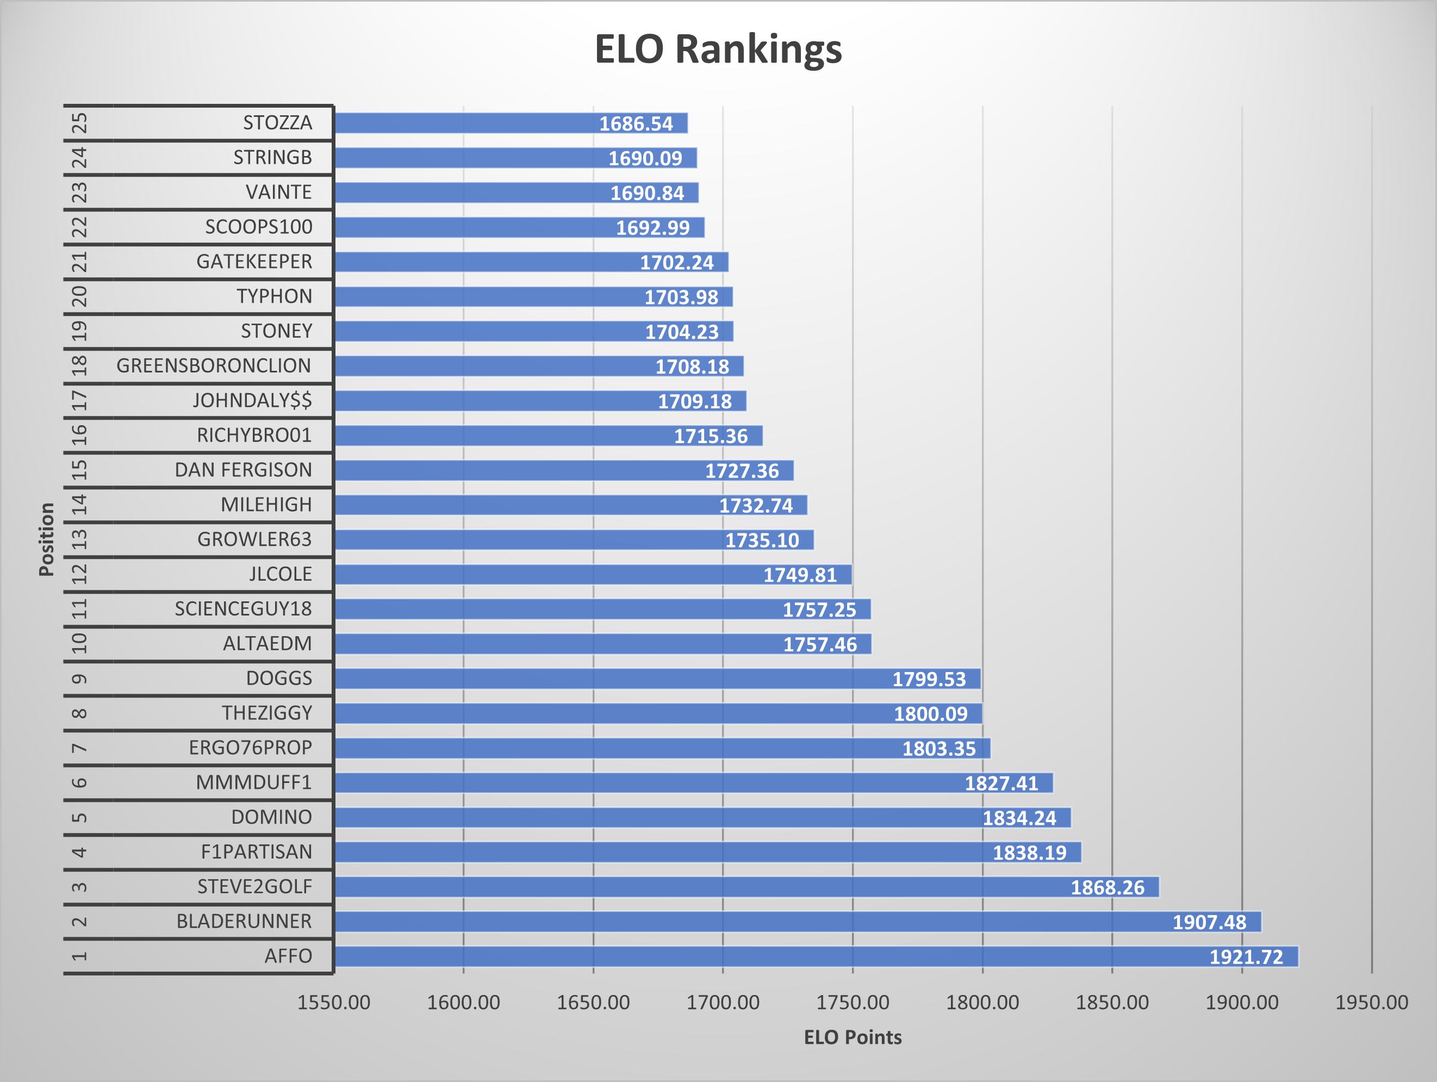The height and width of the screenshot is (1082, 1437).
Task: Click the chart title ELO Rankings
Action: [718, 49]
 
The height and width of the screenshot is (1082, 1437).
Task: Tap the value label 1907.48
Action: [1209, 922]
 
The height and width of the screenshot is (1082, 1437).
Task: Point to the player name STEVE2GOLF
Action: [254, 886]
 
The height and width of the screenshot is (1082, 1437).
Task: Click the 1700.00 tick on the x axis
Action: [723, 1002]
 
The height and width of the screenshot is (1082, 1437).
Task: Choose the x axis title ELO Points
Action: [853, 1037]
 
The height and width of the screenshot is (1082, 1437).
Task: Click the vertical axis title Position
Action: [46, 539]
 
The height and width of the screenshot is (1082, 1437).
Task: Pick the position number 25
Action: [79, 123]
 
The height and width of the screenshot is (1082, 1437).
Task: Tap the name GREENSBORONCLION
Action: [214, 366]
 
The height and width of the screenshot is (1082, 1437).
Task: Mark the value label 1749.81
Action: [800, 575]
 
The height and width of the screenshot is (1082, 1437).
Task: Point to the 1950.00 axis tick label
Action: [1371, 1002]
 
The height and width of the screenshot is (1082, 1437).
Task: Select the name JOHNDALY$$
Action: [252, 400]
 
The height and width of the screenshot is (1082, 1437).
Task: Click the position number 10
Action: [79, 643]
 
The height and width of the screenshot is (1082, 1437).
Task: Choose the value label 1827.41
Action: [1001, 783]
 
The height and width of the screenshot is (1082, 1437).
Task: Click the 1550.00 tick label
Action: [334, 1002]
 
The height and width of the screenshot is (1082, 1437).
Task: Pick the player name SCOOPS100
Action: [259, 227]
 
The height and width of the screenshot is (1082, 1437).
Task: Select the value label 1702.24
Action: [676, 263]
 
